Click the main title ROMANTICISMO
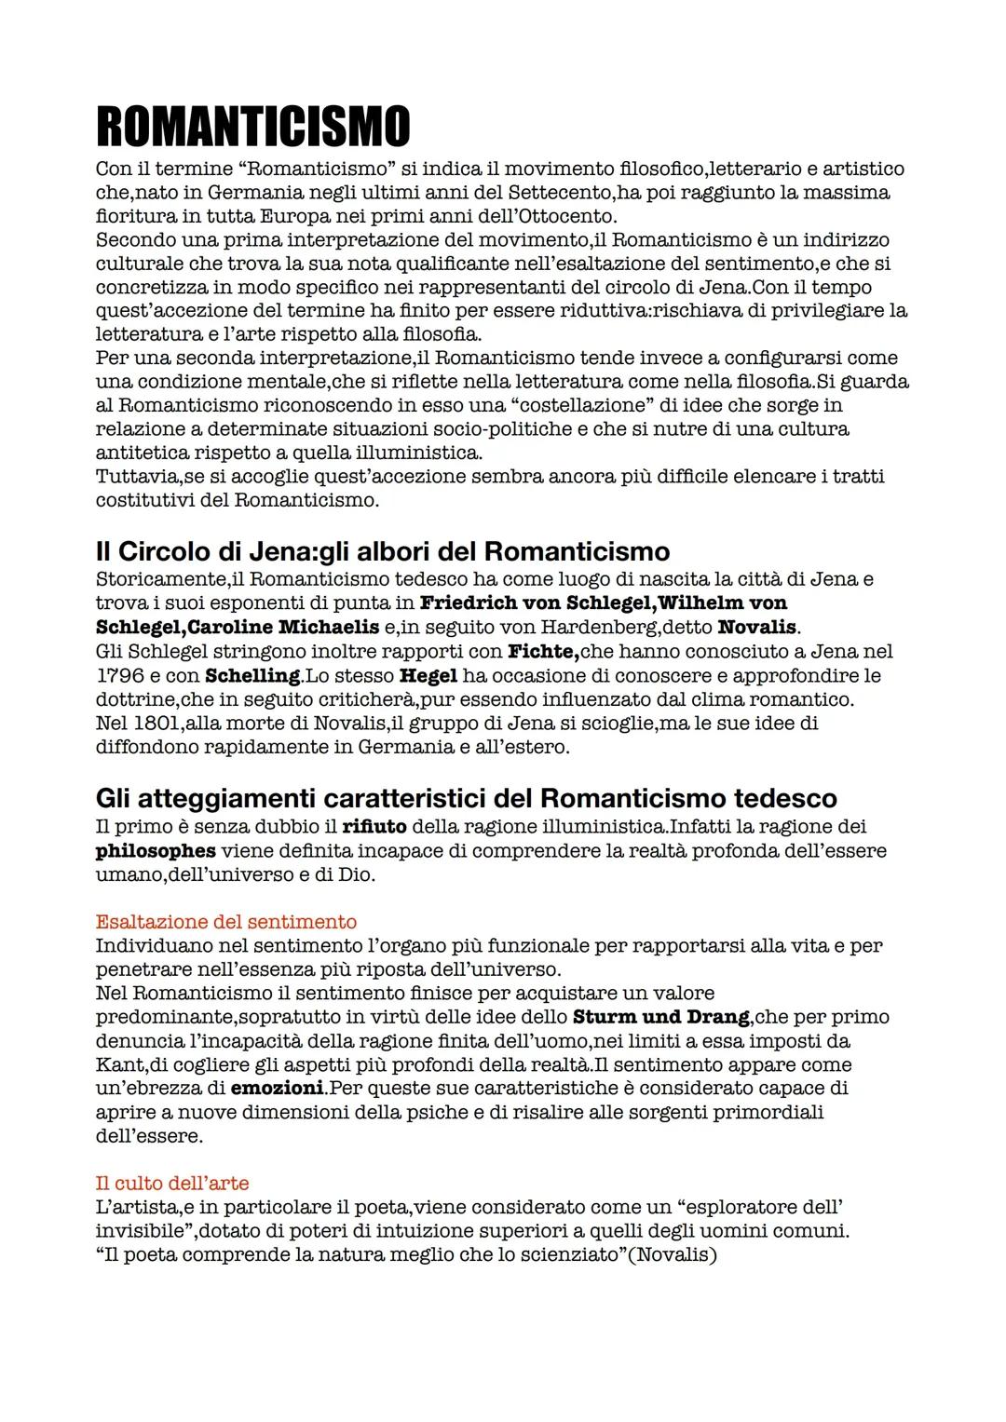[252, 128]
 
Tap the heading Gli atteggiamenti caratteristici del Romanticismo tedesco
[466, 798]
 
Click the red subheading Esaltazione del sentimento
[225, 922]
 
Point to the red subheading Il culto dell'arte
[172, 1184]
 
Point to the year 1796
[118, 675]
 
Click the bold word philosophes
[156, 850]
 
